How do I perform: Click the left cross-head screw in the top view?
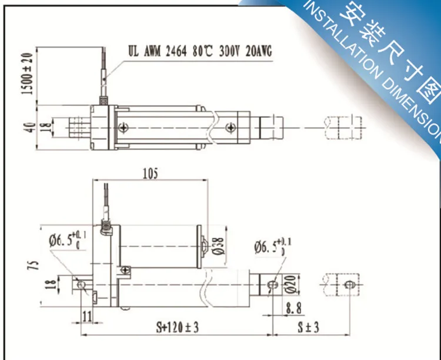click(123, 126)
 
